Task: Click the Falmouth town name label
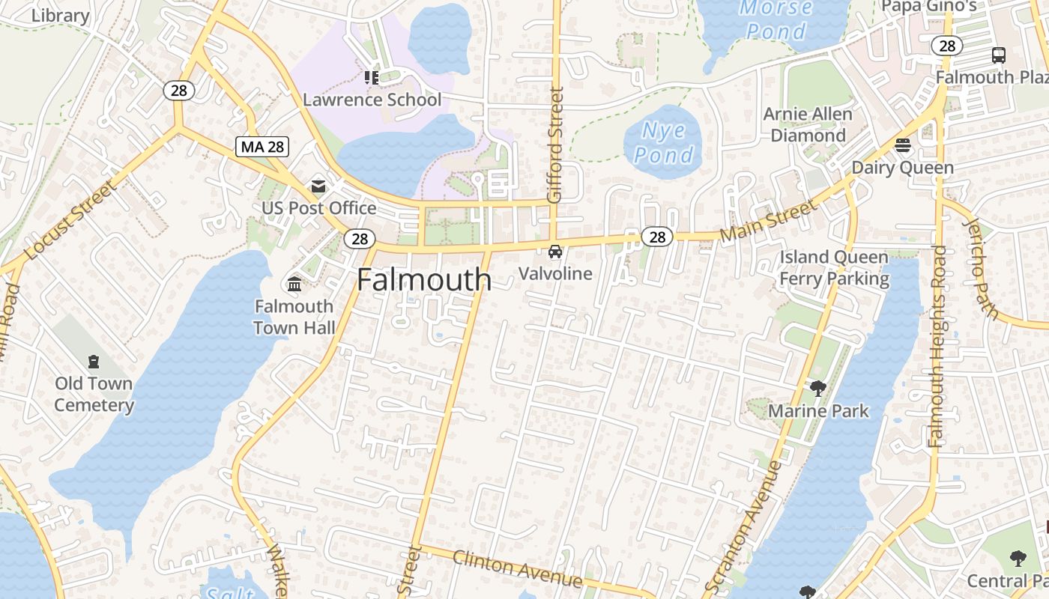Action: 424,280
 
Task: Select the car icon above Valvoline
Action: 555,252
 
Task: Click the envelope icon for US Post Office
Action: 319,186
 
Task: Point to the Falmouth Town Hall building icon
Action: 294,285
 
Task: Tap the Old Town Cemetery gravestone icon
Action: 94,362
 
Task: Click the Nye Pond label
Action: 663,143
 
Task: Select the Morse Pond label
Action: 776,19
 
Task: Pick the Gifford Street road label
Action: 555,145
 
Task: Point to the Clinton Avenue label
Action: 517,568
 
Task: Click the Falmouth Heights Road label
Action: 937,346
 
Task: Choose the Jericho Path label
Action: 981,267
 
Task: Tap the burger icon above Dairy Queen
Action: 903,145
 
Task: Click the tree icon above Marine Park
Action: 818,388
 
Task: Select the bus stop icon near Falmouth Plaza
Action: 999,55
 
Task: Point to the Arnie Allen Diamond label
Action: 808,125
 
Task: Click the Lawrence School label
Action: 372,100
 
